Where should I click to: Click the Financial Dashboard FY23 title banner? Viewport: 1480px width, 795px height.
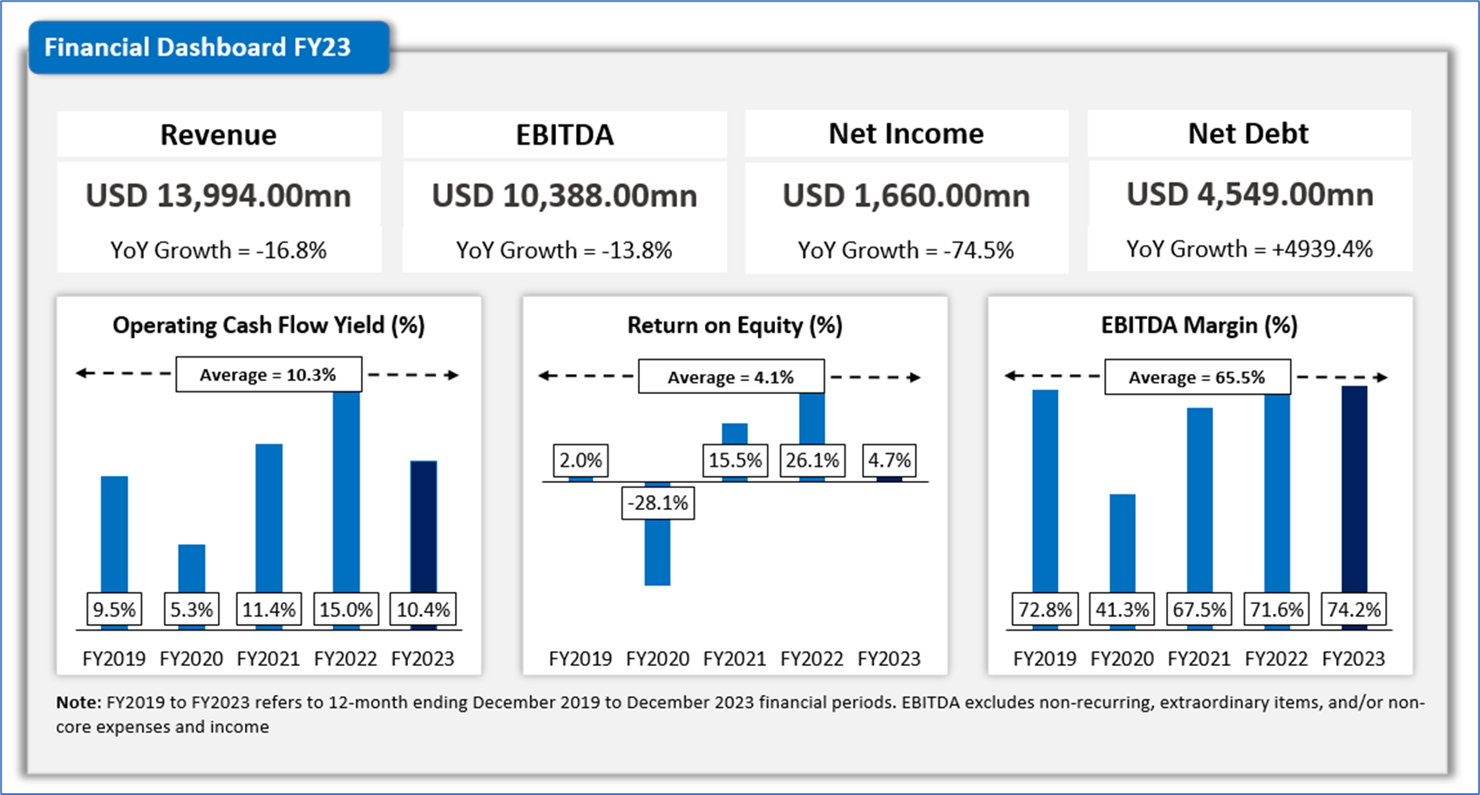point(199,47)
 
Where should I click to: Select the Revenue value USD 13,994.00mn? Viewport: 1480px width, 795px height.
point(218,195)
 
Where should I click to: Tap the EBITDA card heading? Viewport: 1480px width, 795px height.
point(565,134)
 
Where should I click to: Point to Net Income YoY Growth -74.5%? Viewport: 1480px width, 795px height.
point(906,250)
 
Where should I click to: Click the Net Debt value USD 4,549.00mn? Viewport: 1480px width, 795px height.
point(1249,194)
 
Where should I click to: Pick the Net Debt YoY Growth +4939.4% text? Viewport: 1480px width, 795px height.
point(1249,248)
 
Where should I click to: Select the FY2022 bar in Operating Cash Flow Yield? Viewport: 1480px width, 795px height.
point(346,488)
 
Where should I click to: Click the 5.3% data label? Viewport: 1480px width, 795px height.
point(192,609)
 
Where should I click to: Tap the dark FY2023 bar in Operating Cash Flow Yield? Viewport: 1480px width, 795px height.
point(424,523)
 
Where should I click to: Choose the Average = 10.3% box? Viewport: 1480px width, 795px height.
point(268,375)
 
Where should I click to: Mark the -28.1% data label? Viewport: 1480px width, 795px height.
point(658,503)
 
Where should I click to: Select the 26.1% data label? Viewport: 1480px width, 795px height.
point(812,460)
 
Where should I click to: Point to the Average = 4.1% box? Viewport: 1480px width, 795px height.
point(731,377)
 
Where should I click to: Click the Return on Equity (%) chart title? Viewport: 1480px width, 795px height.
point(735,325)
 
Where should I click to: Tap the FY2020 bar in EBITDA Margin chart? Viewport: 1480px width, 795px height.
point(1123,540)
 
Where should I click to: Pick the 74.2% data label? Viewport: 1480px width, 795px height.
point(1354,609)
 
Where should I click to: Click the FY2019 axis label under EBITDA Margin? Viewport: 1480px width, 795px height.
point(1044,659)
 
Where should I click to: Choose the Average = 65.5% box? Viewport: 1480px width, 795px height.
point(1197,377)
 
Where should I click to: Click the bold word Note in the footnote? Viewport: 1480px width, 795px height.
point(77,703)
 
